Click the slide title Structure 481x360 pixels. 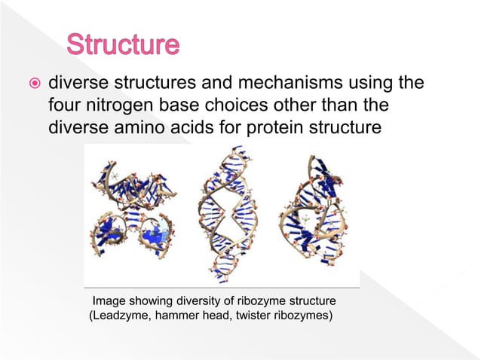(x=123, y=45)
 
